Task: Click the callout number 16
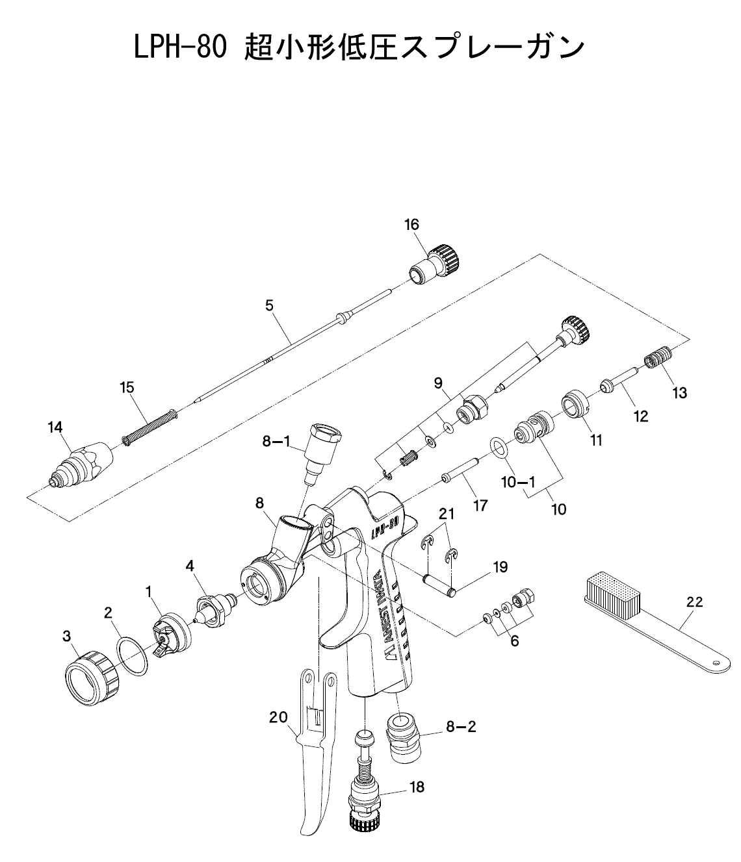411,225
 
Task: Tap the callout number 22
694,602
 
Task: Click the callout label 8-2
461,727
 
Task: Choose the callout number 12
641,416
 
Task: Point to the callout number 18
417,787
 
